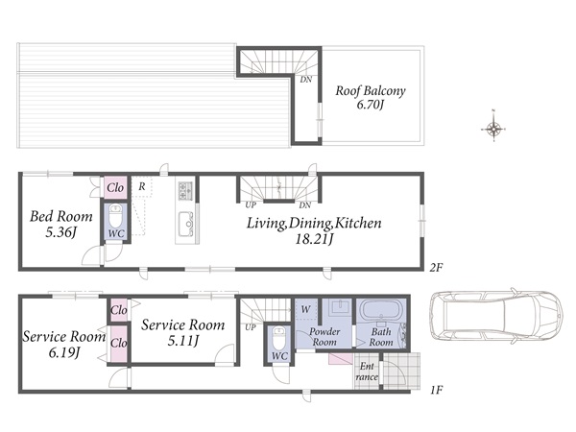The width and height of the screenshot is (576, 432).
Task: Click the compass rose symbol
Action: [x=493, y=129]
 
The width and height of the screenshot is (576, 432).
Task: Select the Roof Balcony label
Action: [x=371, y=91]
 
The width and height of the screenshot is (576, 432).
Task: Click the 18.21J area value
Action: [x=314, y=239]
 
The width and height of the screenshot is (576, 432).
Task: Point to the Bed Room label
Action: [x=61, y=216]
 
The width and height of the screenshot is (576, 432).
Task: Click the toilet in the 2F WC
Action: [x=115, y=215]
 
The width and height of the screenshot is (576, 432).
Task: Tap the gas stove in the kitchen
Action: [x=185, y=191]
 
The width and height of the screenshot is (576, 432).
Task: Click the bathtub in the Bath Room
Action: [x=381, y=311]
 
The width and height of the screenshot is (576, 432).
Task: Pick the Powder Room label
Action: [x=324, y=337]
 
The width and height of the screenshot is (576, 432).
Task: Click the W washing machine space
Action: [x=305, y=309]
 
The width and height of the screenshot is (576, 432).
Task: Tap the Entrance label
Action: [x=367, y=372]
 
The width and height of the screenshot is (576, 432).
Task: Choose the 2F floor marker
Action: [x=436, y=268]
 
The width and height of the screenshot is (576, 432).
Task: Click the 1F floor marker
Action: [x=436, y=390]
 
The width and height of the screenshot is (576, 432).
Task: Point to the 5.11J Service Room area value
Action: [x=183, y=341]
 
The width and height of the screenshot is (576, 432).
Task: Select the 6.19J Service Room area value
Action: [x=64, y=352]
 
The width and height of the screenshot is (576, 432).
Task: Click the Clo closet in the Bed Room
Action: [x=115, y=188]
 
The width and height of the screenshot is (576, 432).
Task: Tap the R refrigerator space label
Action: [x=142, y=186]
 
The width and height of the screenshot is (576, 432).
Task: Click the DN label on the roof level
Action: [x=305, y=80]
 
